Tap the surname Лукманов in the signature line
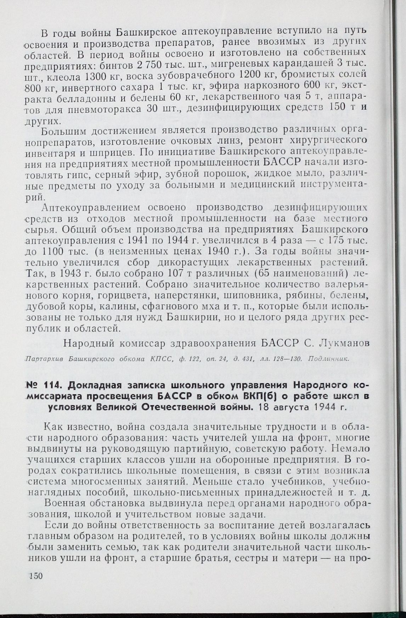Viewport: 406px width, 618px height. [340, 343]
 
